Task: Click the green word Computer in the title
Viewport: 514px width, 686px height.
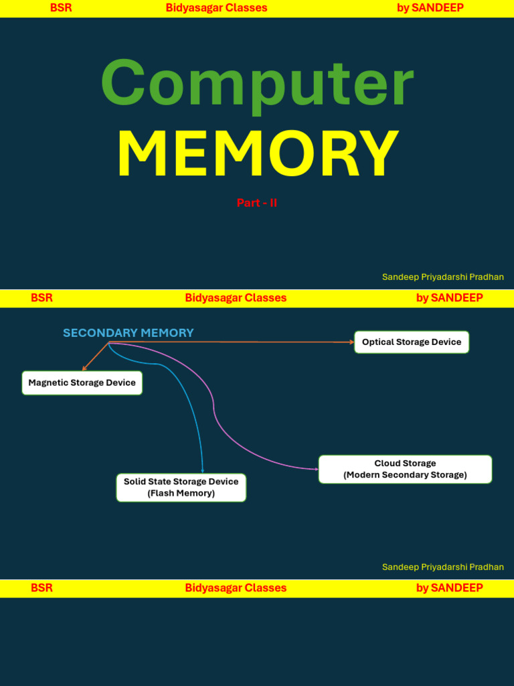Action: click(257, 84)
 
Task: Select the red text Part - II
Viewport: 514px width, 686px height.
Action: click(256, 202)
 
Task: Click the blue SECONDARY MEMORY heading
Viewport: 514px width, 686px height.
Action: click(128, 333)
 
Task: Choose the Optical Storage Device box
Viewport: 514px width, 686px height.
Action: click(412, 342)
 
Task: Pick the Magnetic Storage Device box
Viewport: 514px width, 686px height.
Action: click(82, 383)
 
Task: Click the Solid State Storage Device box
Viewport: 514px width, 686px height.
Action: click(181, 487)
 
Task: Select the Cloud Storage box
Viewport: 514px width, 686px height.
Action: click(405, 469)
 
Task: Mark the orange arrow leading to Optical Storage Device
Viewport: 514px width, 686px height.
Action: click(234, 342)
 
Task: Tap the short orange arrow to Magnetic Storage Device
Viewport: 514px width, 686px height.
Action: click(95, 356)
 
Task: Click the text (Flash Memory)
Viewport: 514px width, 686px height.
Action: click(181, 493)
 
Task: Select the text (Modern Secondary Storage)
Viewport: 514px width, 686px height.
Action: click(405, 475)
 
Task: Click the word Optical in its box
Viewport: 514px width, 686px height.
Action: click(377, 342)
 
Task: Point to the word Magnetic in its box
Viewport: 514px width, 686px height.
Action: click(50, 383)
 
